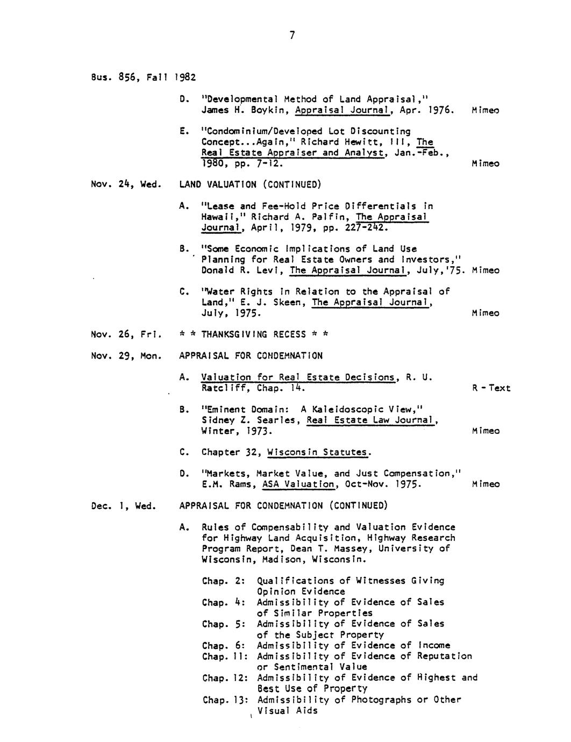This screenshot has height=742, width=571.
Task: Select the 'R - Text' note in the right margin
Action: (491, 388)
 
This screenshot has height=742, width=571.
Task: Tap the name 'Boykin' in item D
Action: (265, 110)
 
